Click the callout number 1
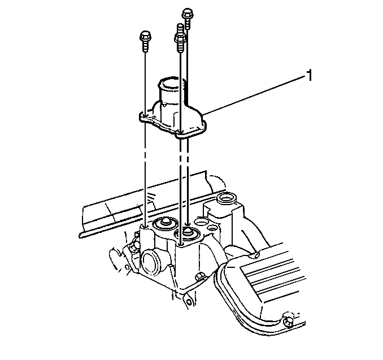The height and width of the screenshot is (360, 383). pos(310,76)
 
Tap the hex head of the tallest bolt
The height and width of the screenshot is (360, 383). pos(188,14)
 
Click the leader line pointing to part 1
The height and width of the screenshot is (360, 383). pos(254,95)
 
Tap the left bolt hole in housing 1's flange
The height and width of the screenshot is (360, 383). pos(145,116)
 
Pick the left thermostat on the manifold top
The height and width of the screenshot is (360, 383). pos(163,223)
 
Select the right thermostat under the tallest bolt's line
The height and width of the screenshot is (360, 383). pos(188,233)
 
